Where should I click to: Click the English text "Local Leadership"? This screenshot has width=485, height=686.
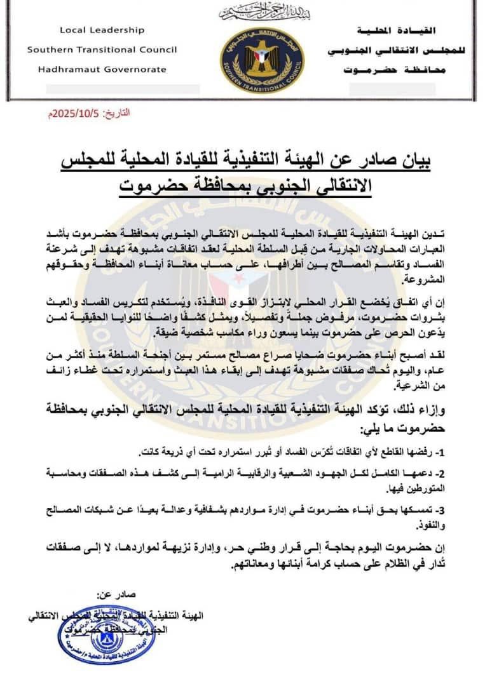pos(102,30)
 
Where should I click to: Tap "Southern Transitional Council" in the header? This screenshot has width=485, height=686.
pos(102,50)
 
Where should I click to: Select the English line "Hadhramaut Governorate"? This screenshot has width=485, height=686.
pos(102,69)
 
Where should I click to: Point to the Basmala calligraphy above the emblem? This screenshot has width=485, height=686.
pos(262,12)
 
